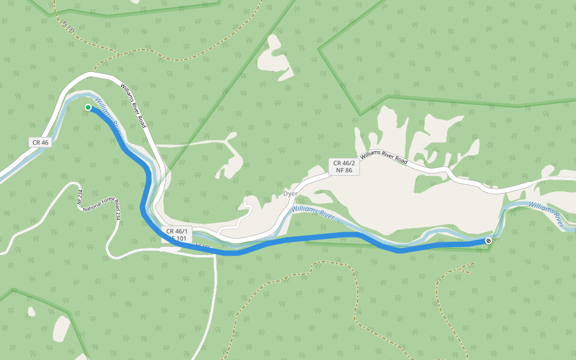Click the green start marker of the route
click(x=88, y=107)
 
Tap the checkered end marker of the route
click(x=488, y=241)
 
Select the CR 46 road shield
click(x=40, y=142)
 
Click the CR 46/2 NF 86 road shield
click(x=344, y=166)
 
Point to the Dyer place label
click(x=290, y=194)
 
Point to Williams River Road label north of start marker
click(x=133, y=105)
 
